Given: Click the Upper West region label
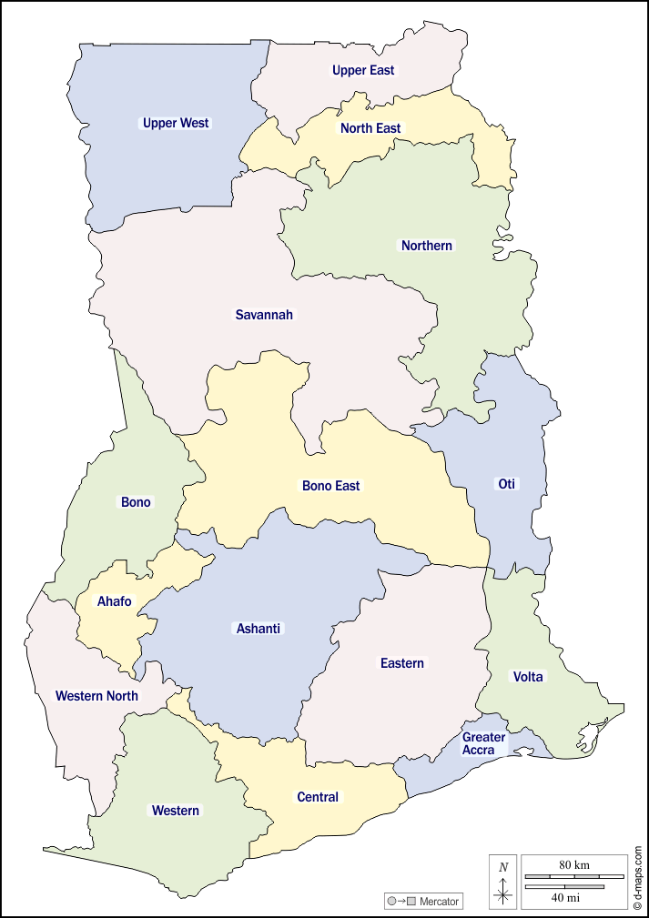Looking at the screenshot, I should click(x=176, y=123).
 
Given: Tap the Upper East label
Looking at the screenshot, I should click(x=363, y=70).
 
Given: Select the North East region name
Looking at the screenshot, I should click(x=370, y=128).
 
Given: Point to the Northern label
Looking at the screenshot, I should click(x=427, y=246).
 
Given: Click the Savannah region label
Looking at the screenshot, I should click(x=264, y=315).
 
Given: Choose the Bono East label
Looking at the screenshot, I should click(x=331, y=486).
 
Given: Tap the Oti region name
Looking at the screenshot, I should click(x=506, y=484).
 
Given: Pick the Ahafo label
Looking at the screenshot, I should click(x=115, y=601).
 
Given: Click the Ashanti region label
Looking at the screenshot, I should click(x=259, y=629).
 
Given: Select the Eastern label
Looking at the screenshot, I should click(x=402, y=663).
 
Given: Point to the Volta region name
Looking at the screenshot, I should click(x=528, y=677).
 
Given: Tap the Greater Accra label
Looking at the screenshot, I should click(x=483, y=743).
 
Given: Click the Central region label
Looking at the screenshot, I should click(x=318, y=797).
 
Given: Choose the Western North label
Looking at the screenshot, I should click(x=96, y=696).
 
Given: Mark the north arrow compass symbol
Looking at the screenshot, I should click(x=503, y=882).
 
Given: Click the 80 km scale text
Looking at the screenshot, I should click(x=573, y=863).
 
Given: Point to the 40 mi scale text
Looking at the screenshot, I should click(x=566, y=898).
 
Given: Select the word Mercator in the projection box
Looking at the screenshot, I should click(x=441, y=902).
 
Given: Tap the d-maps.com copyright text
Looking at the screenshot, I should click(x=638, y=877).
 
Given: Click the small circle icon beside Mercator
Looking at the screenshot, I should click(x=391, y=902).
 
